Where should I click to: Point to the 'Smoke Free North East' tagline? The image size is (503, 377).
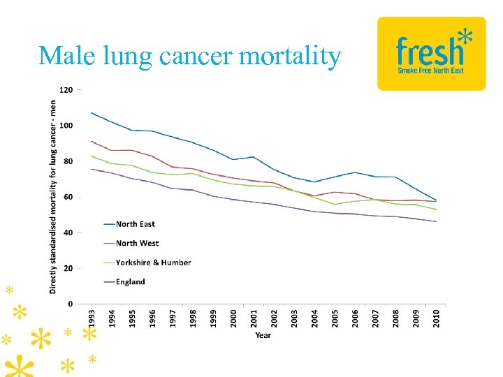click(x=430, y=71)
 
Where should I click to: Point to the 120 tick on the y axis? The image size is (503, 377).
click(x=66, y=90)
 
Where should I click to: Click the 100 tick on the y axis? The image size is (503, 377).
click(x=66, y=126)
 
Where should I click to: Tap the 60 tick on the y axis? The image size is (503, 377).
click(x=68, y=197)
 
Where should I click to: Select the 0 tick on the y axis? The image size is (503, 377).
click(x=70, y=304)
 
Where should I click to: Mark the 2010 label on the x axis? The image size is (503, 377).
click(x=436, y=317)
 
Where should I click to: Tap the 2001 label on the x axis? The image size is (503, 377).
click(x=254, y=317)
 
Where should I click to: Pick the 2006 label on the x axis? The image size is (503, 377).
click(x=355, y=317)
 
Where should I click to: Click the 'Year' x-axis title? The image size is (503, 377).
click(x=263, y=335)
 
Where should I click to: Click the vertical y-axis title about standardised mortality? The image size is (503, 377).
click(x=53, y=195)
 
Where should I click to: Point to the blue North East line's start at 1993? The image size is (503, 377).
click(x=92, y=112)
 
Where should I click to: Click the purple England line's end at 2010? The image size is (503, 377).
click(x=435, y=221)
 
